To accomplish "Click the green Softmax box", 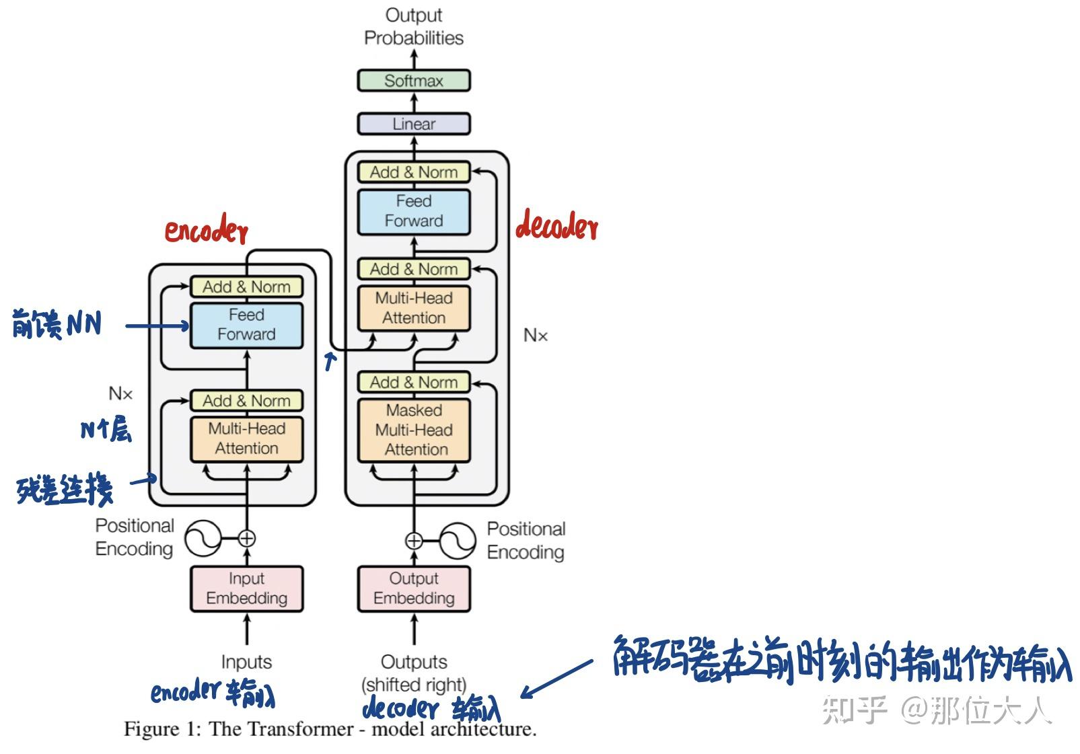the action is pyautogui.click(x=414, y=81).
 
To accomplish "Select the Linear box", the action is pyautogui.click(x=414, y=124).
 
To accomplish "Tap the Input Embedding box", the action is pyautogui.click(x=246, y=589).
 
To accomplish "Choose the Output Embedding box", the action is pyautogui.click(x=414, y=589).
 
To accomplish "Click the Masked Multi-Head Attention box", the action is pyautogui.click(x=414, y=430).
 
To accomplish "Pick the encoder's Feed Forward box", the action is pyautogui.click(x=246, y=325).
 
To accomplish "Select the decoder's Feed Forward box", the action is pyautogui.click(x=414, y=211).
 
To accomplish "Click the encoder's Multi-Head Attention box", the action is pyautogui.click(x=246, y=439).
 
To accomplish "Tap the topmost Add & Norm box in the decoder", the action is pyautogui.click(x=414, y=172).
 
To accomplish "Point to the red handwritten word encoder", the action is pyautogui.click(x=207, y=229).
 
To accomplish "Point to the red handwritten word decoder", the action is pyautogui.click(x=556, y=225).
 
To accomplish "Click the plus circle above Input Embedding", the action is pyautogui.click(x=247, y=538).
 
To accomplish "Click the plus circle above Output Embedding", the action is pyautogui.click(x=414, y=541).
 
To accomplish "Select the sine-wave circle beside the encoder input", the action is pyautogui.click(x=203, y=538).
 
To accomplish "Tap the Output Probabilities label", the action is pyautogui.click(x=414, y=26).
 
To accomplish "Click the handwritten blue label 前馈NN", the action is pyautogui.click(x=57, y=324).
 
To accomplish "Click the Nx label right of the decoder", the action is pyautogui.click(x=536, y=335).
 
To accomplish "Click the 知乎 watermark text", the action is pyautogui.click(x=854, y=710).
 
